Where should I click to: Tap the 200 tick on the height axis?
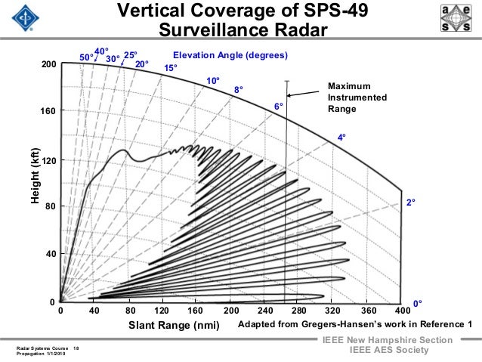49,66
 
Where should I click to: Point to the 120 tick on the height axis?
49,162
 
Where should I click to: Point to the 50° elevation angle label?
87,57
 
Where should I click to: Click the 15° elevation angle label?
171,68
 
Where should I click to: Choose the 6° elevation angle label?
278,107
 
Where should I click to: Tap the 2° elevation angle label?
412,203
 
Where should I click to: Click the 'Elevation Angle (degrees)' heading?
230,56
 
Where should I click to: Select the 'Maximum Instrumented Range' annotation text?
357,98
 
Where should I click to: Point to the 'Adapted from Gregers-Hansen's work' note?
355,324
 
